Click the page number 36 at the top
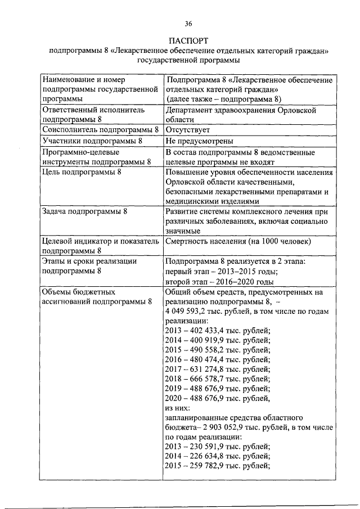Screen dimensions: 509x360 [x=188, y=23]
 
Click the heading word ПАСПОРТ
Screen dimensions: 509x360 [x=188, y=41]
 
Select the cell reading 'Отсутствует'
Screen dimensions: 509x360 [x=187, y=130]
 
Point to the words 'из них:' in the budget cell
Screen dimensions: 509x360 [x=178, y=408]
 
